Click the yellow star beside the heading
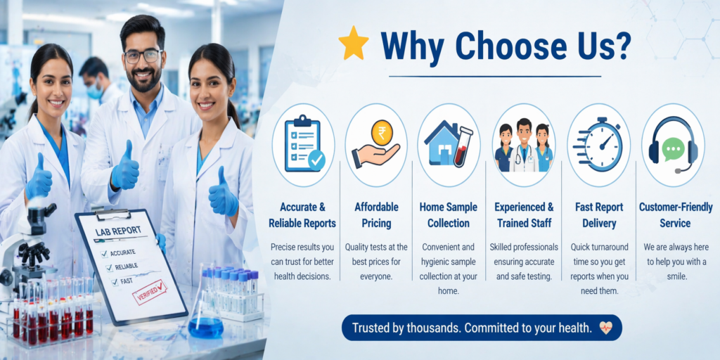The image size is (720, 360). click(x=353, y=44)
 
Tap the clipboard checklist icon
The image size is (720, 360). click(x=303, y=143)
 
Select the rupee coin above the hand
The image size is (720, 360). click(x=382, y=131)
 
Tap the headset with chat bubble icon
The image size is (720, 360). click(x=673, y=145)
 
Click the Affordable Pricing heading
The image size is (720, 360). click(x=376, y=215)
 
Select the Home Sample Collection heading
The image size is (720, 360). click(x=449, y=215)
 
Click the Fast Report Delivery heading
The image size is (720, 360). click(x=599, y=215)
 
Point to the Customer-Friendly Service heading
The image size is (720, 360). click(x=674, y=215)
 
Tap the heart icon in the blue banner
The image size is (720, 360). click(x=605, y=328)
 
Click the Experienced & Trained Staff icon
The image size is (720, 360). click(x=524, y=145)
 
